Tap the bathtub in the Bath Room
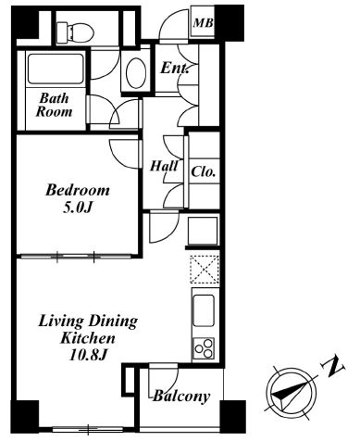click(56, 69)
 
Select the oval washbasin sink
click(136, 73)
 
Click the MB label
click(203, 23)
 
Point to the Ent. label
click(175, 68)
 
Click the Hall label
click(164, 166)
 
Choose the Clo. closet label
click(203, 171)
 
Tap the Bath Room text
click(55, 105)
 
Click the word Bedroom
click(78, 190)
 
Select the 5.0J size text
click(78, 208)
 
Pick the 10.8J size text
click(88, 355)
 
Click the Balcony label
click(181, 396)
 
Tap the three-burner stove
click(204, 348)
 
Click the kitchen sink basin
click(204, 310)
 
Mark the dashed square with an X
click(205, 269)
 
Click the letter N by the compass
click(333, 367)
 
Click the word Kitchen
click(88, 338)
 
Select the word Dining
click(112, 321)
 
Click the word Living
click(60, 321)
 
